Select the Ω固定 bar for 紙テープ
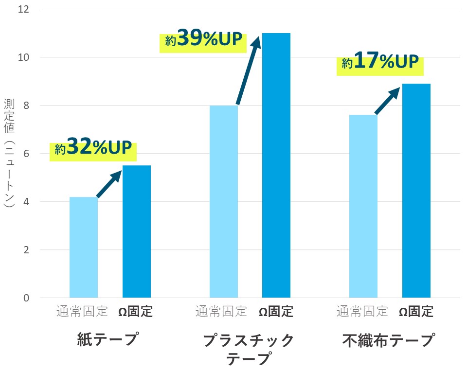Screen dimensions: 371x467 137,231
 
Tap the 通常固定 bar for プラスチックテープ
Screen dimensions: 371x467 224,201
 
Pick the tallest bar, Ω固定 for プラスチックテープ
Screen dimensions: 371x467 276,165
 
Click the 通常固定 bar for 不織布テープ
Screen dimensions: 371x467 363,206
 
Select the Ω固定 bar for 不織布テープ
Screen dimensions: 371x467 416,191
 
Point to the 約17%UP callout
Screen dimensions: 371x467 380,64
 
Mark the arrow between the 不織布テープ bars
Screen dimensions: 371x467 388,101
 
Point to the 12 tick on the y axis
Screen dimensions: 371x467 22,9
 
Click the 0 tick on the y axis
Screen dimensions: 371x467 25,298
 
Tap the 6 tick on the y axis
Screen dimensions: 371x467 25,154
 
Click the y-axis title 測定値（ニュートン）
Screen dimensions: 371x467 9,153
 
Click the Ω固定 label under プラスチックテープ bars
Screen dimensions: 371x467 276,312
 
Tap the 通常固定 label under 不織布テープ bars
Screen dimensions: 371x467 362,312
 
